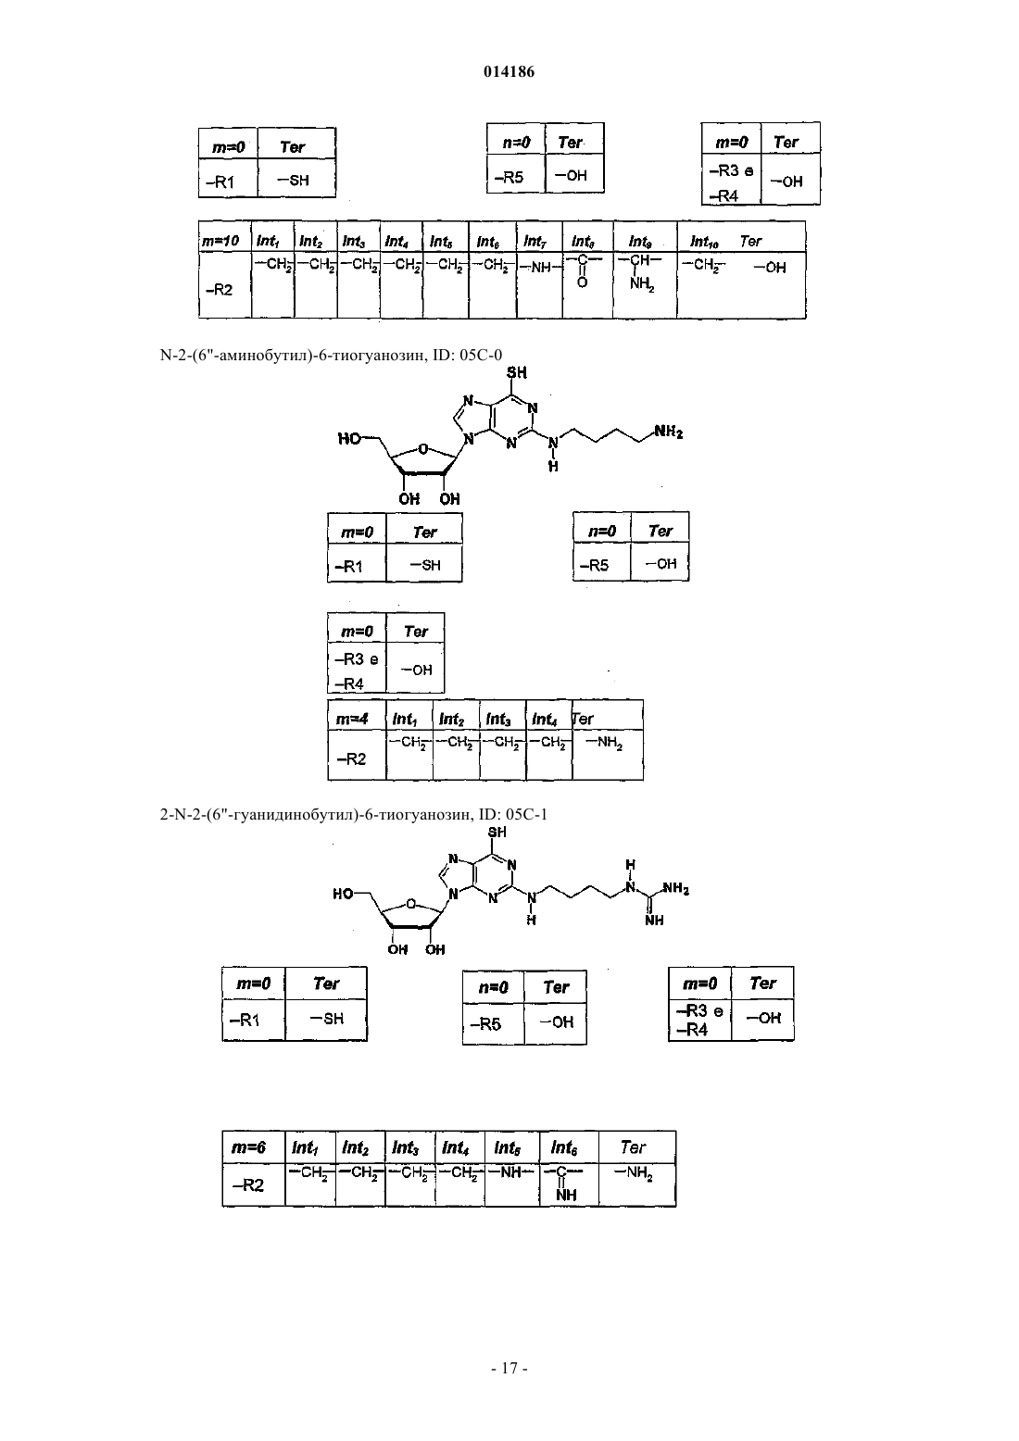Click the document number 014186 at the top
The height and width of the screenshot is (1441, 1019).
(x=509, y=71)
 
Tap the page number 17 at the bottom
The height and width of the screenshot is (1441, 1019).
(x=509, y=1368)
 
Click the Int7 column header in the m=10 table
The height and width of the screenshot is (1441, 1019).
(x=535, y=241)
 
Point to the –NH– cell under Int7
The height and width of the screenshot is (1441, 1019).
(x=539, y=268)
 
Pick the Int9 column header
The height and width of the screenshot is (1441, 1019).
(x=640, y=241)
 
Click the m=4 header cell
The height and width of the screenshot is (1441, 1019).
(x=352, y=719)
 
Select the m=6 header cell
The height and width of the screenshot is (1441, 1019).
(x=249, y=1147)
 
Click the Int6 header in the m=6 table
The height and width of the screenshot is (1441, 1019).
(x=563, y=1147)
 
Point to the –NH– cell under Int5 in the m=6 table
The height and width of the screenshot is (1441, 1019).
(x=510, y=1172)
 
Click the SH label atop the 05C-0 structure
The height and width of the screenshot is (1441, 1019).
(x=517, y=372)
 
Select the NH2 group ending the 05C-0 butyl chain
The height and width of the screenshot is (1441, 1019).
(x=669, y=432)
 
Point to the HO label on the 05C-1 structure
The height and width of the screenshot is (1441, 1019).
(x=343, y=894)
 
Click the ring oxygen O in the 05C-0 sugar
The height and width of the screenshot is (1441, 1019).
(x=422, y=449)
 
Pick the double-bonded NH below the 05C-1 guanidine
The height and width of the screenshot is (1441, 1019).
(x=654, y=921)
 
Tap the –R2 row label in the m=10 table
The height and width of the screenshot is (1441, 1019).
(x=219, y=290)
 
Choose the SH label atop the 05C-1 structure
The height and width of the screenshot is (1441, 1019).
(x=497, y=832)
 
